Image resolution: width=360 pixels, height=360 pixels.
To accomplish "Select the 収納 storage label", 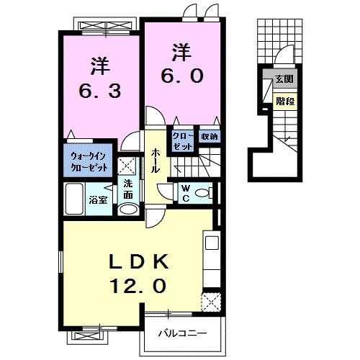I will coord(209,136).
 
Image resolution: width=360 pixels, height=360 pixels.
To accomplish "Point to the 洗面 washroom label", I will coord(127,189).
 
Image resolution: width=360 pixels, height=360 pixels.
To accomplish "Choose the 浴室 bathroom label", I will coord(98,199).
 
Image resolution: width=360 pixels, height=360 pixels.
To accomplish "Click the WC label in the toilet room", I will coord(184,193).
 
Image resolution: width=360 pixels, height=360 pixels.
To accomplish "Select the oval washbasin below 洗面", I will coord(127,210).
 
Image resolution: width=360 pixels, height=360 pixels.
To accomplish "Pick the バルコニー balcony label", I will coord(183,334).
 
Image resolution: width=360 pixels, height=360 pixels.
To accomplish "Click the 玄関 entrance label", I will coord(284,79).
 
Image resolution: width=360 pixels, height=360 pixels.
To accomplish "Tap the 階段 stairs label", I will coord(284,101).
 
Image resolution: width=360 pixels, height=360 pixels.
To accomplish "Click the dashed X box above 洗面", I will coord(125,163).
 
